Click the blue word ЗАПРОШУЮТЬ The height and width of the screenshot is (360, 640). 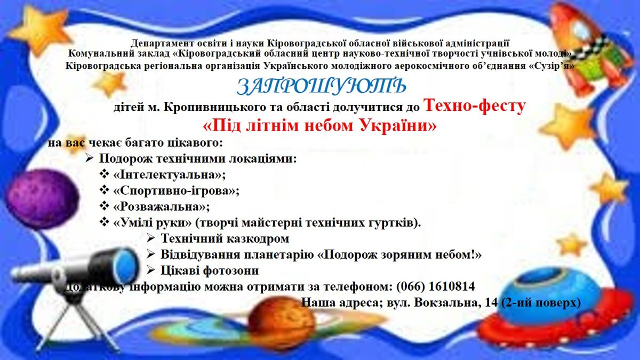(321, 86)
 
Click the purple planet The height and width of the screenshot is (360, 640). (43, 199)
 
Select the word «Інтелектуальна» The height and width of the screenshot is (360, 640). (170, 174)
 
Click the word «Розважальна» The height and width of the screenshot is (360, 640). (162, 206)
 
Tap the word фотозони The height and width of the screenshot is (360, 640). (230, 270)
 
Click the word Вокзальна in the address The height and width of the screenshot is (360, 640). (446, 302)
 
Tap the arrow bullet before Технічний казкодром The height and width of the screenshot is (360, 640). (150, 238)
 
